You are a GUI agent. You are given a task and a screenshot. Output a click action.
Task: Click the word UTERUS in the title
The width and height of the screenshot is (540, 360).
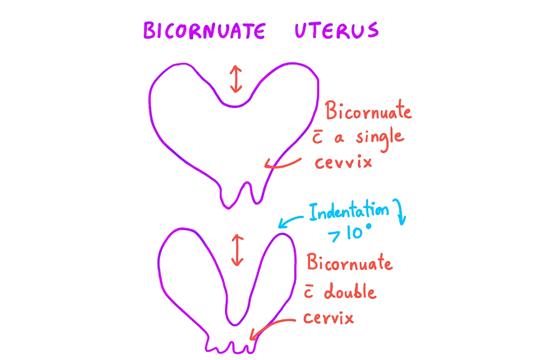click(x=337, y=30)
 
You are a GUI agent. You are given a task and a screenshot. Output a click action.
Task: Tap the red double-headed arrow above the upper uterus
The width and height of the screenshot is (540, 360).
click(x=234, y=78)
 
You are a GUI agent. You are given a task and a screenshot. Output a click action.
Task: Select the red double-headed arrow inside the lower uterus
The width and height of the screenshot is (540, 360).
click(x=237, y=249)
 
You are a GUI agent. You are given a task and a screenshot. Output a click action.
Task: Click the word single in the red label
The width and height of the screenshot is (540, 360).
click(x=379, y=136)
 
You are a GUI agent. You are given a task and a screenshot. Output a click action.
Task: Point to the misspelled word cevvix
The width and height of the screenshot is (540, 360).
click(x=343, y=162)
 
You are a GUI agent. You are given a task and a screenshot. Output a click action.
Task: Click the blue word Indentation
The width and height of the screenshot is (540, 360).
click(x=348, y=212)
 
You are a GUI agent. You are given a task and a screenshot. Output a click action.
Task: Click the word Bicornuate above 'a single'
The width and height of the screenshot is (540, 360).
click(x=369, y=111)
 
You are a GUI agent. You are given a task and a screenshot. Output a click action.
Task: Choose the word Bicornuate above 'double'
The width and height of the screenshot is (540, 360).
click(x=349, y=262)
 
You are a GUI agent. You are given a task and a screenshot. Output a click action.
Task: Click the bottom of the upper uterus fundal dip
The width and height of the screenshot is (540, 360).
click(x=234, y=106)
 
